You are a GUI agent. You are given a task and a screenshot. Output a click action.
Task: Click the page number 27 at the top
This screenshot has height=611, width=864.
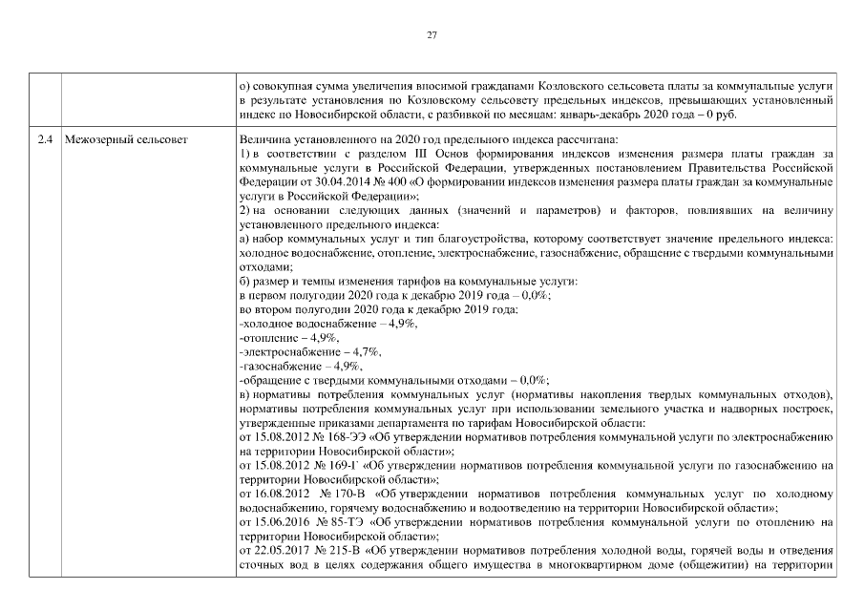coord(432,35)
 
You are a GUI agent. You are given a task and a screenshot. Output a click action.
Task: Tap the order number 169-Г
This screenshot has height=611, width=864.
coord(332,465)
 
